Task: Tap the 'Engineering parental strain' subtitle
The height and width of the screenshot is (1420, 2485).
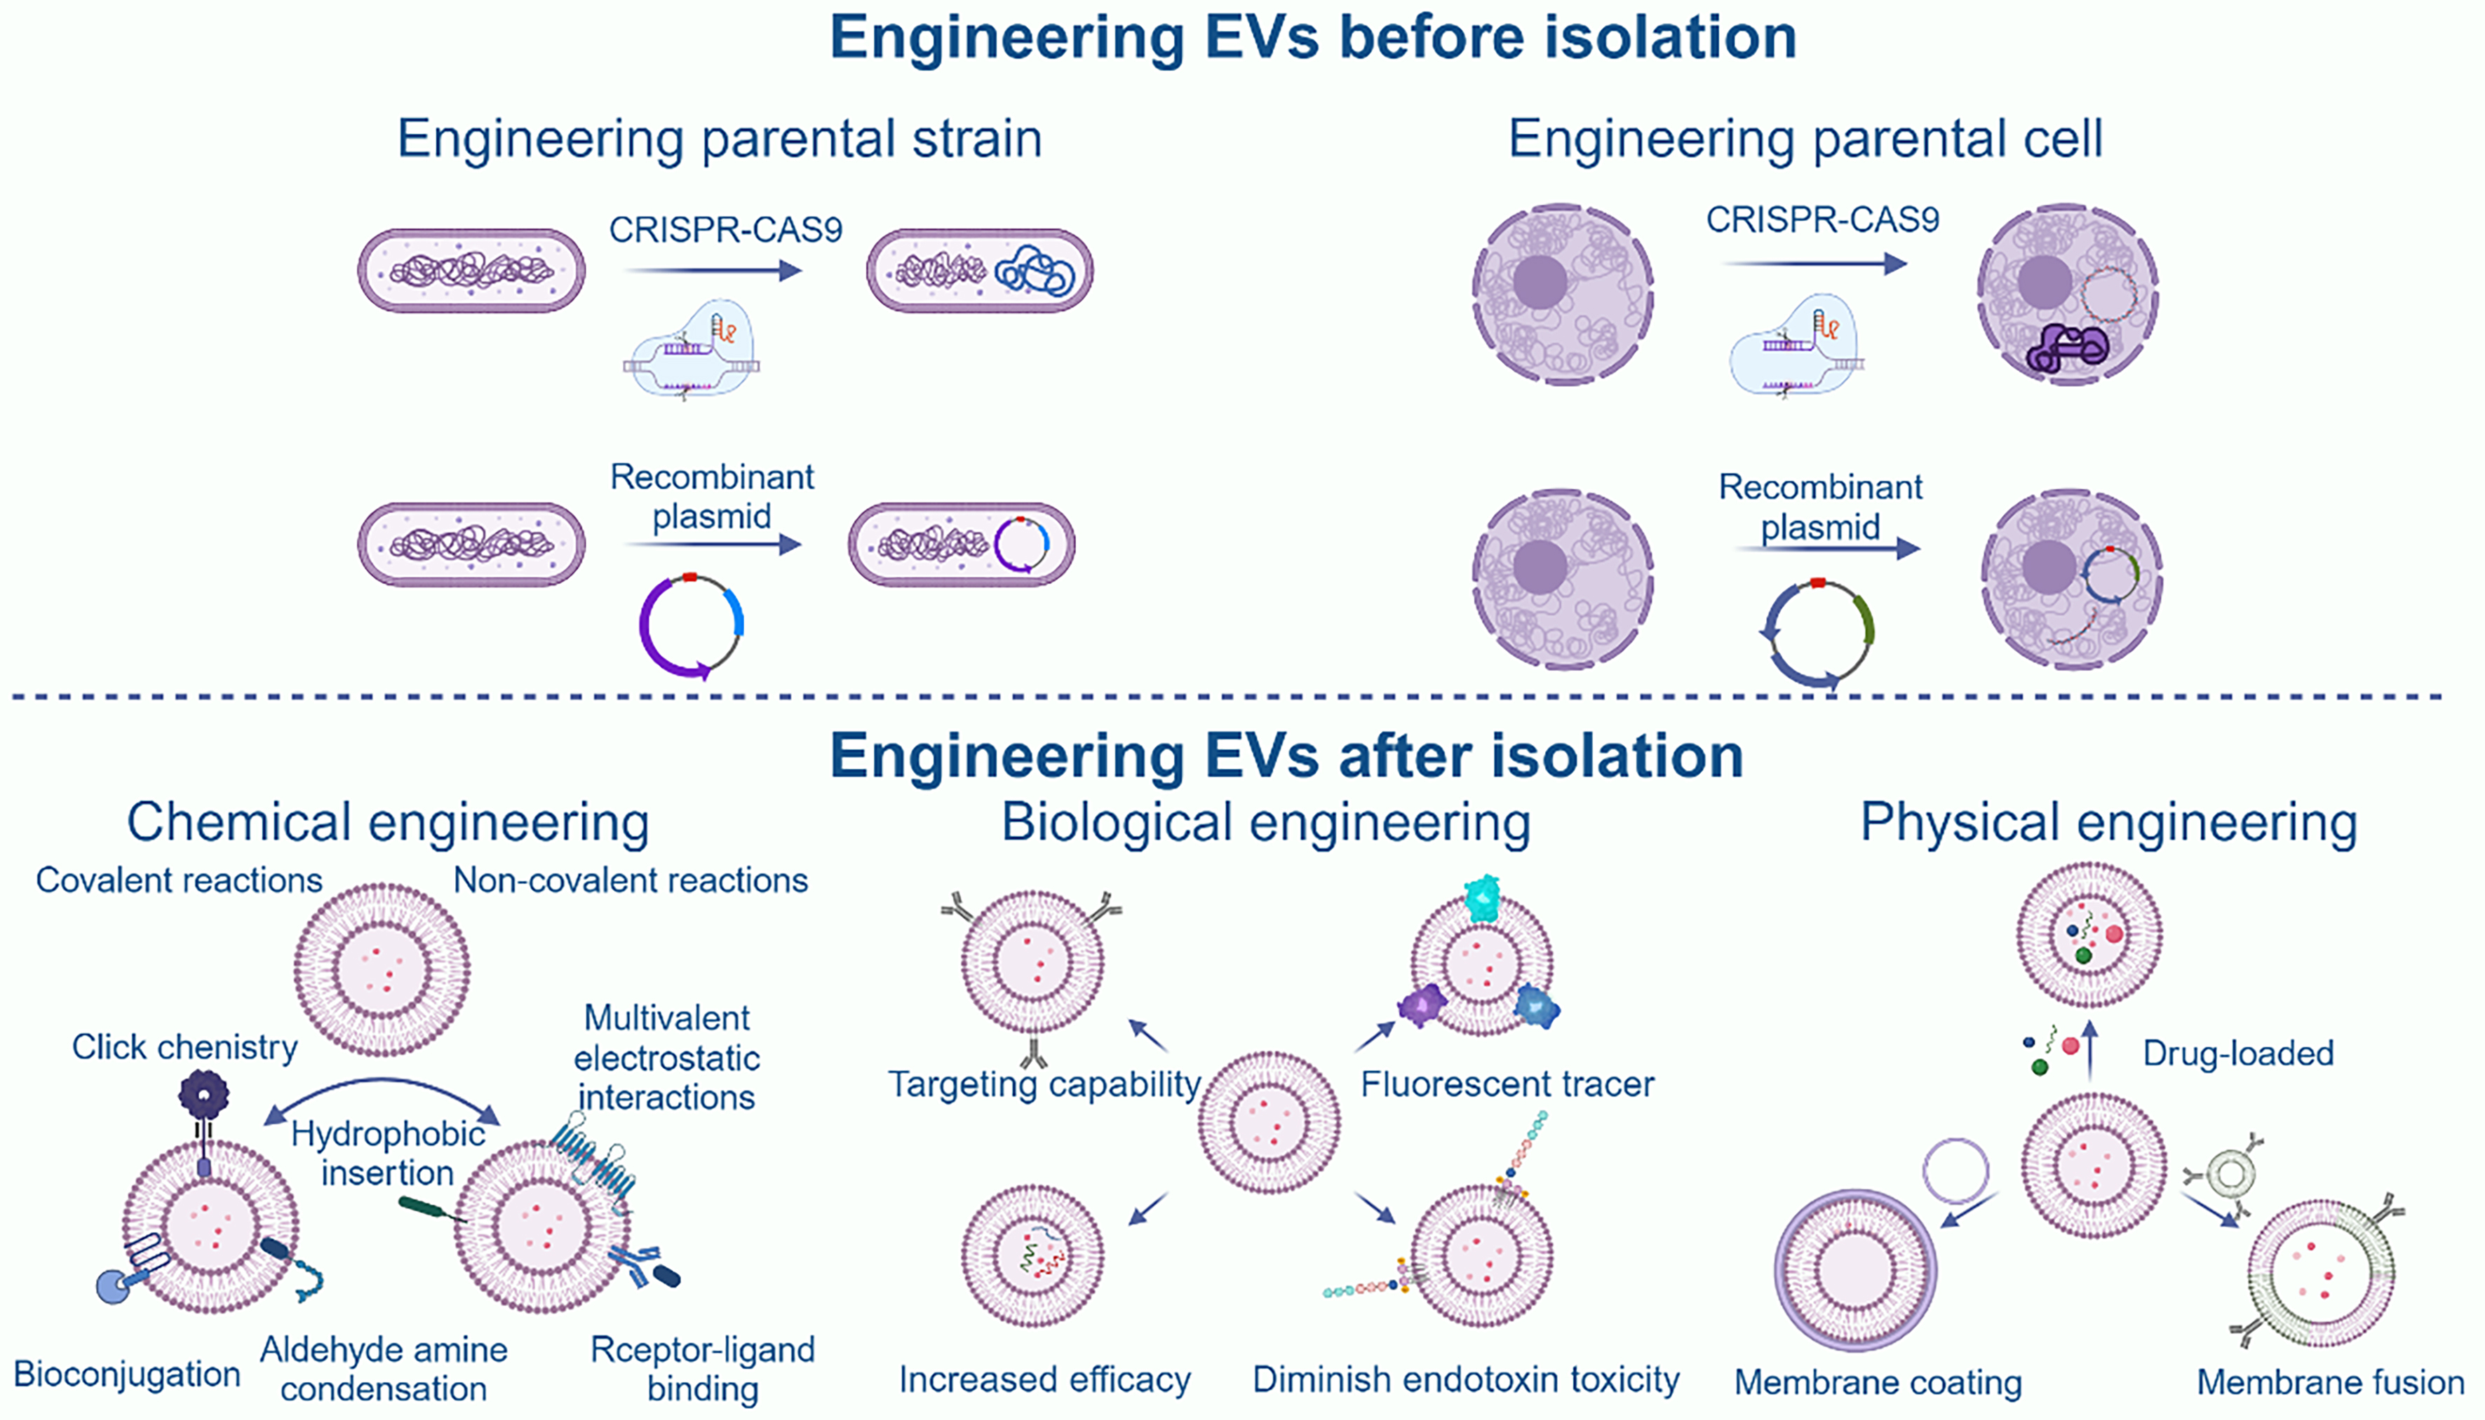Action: [x=719, y=139]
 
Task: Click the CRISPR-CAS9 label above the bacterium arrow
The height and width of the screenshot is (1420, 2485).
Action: [x=725, y=230]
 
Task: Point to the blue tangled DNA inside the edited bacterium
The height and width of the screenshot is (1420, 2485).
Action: [x=1035, y=271]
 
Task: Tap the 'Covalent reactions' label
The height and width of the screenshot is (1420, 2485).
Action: [x=179, y=881]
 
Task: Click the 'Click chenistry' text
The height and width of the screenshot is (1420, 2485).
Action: [x=184, y=1047]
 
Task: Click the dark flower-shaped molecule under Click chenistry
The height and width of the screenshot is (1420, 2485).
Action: [x=203, y=1094]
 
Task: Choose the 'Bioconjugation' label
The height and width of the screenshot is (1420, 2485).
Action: [x=127, y=1374]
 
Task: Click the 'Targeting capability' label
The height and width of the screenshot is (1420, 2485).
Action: [x=1044, y=1084]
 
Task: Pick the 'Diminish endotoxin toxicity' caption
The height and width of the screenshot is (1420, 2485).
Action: [x=1465, y=1380]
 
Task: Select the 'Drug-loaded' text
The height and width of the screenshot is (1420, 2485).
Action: [x=2238, y=1053]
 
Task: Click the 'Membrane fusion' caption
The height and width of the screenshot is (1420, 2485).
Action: [x=2330, y=1383]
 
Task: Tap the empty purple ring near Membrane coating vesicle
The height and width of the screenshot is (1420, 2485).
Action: [x=1955, y=1170]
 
